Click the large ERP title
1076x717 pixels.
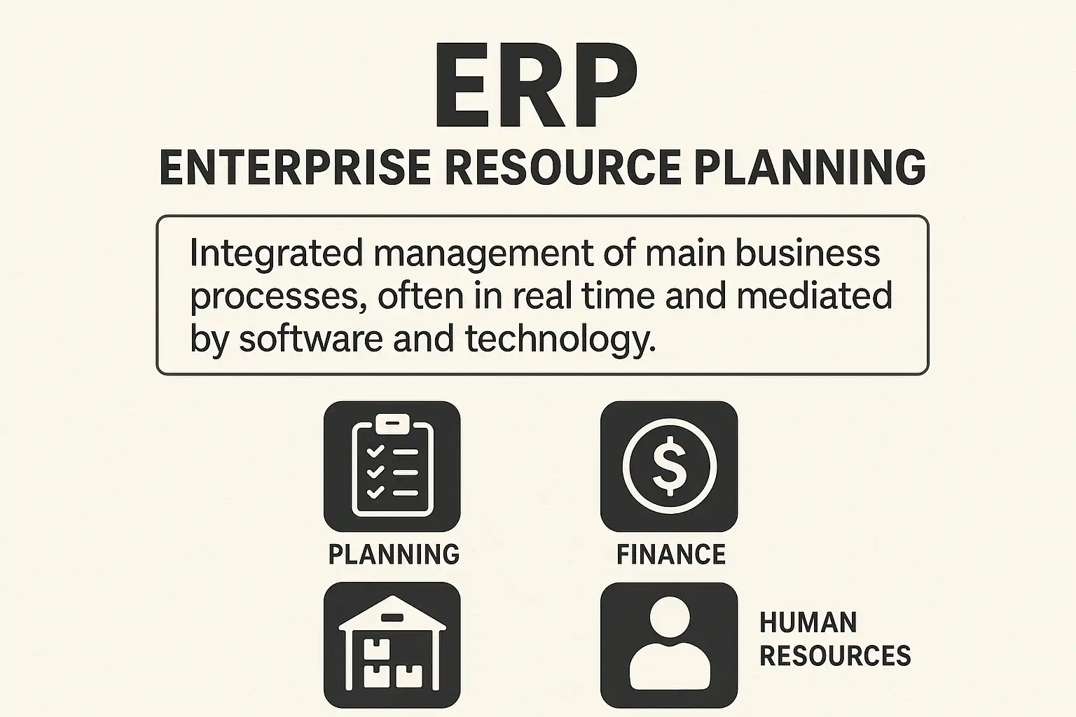coord(537,85)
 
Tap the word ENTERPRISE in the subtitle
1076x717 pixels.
coord(295,167)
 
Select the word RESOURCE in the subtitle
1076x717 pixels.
coord(563,167)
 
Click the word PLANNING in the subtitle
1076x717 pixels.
coord(811,167)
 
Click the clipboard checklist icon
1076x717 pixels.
coord(392,466)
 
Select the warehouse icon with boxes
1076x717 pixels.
coord(392,645)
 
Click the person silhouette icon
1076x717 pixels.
coord(669,645)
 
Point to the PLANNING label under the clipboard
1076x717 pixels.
coord(394,554)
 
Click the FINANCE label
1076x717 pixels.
coord(671,554)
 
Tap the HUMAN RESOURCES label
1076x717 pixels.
coord(835,639)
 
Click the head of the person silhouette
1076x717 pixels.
coord(670,618)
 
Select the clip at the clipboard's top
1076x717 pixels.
coord(392,424)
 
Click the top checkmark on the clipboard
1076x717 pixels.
coord(375,452)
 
